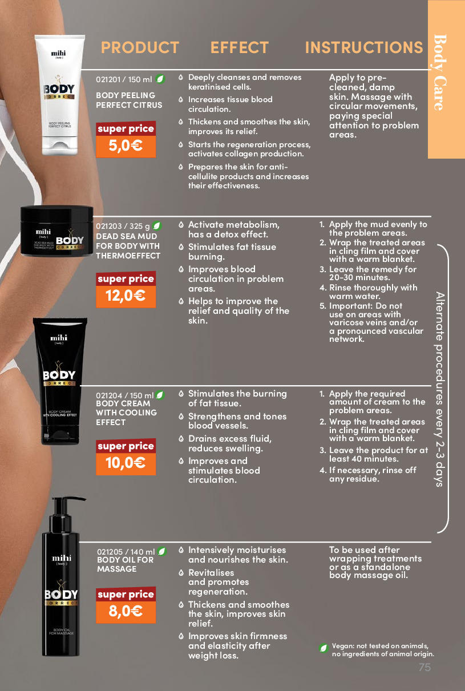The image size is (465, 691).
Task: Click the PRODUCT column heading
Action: tap(140, 47)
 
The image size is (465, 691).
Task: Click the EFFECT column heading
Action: tap(240, 47)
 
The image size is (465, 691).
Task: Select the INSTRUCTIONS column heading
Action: tap(364, 47)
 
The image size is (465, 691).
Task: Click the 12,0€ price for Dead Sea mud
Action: tap(126, 296)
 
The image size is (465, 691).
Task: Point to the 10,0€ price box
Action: tap(126, 463)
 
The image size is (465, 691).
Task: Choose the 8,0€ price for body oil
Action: tap(126, 612)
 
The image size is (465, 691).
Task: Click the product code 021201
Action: tap(108, 79)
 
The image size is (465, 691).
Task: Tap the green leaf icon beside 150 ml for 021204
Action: tap(160, 395)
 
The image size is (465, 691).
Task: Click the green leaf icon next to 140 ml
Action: tap(162, 551)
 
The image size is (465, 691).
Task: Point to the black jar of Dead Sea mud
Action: tap(56, 231)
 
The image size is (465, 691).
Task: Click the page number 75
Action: tap(424, 668)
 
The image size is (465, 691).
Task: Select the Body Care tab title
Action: tap(440, 72)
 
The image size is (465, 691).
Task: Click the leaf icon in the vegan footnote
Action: tap(324, 648)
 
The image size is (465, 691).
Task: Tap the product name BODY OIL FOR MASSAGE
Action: tap(125, 564)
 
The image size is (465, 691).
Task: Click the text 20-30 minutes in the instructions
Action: tap(359, 278)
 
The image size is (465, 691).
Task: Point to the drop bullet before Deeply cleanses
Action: tap(181, 78)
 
